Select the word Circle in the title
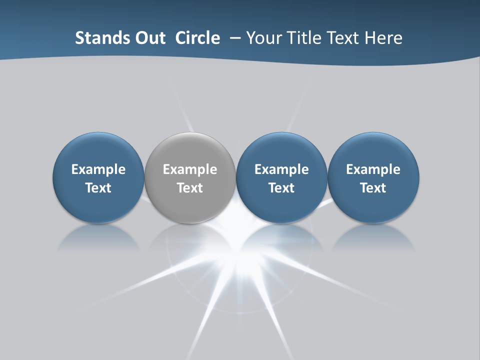point(197,38)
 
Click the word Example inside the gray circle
point(190,169)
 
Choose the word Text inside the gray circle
point(190,188)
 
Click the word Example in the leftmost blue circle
point(98,169)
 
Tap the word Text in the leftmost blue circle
point(98,188)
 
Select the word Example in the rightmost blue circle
point(373,169)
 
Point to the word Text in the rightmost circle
point(373,188)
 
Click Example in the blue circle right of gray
point(281,169)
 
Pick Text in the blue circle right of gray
point(281,188)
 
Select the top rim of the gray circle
point(190,133)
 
